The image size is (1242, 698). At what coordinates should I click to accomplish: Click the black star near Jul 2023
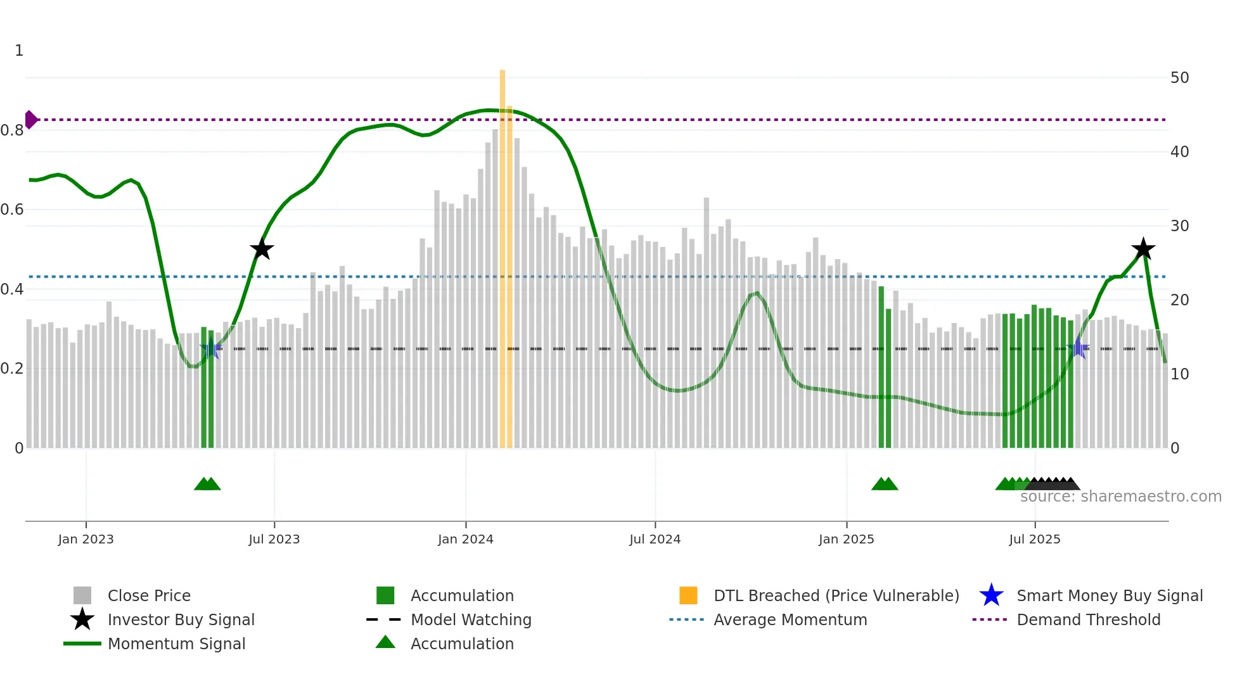pos(262,249)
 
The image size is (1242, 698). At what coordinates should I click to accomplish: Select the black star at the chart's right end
pos(1143,249)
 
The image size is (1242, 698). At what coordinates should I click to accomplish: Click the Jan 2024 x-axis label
pos(465,539)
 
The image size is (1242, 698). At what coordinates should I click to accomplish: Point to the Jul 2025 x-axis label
pos(1034,539)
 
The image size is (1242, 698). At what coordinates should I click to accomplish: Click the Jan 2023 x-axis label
pos(86,539)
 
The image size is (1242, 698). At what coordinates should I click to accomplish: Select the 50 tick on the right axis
pos(1179,78)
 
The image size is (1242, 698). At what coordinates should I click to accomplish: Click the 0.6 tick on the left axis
pos(12,210)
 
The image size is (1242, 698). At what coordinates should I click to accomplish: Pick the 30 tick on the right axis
pos(1179,226)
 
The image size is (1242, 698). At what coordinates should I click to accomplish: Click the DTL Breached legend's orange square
pos(688,595)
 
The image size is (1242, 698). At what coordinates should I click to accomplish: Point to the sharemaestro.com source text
pos(1120,497)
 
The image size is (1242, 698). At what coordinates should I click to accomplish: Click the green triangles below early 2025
pos(885,484)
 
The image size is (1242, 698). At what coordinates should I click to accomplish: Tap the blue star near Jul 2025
pos(1078,348)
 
